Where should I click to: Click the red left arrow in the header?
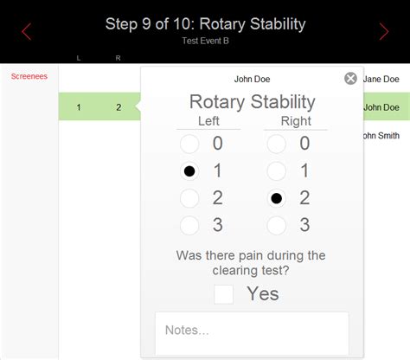click(27, 32)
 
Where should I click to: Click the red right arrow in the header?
click(384, 32)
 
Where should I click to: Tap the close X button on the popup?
click(350, 79)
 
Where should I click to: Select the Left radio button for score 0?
click(189, 144)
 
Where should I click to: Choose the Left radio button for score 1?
click(189, 171)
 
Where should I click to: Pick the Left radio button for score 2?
click(189, 198)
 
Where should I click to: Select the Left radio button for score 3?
click(189, 226)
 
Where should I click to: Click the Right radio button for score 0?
click(276, 144)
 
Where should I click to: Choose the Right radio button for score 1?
click(276, 171)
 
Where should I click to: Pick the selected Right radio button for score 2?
click(276, 198)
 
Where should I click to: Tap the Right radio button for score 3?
click(276, 226)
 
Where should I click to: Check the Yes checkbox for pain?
click(224, 294)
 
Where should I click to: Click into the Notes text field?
click(252, 332)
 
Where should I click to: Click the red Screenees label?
click(29, 77)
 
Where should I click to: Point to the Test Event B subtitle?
click(205, 40)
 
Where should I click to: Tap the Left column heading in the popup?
click(208, 121)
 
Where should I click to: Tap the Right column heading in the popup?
click(295, 121)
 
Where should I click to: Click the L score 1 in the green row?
click(79, 107)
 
